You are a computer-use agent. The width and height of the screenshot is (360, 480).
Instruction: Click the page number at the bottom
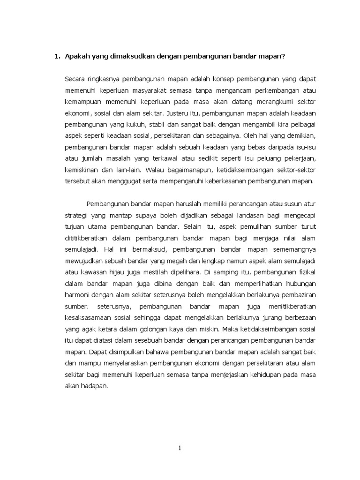click(x=180, y=448)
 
